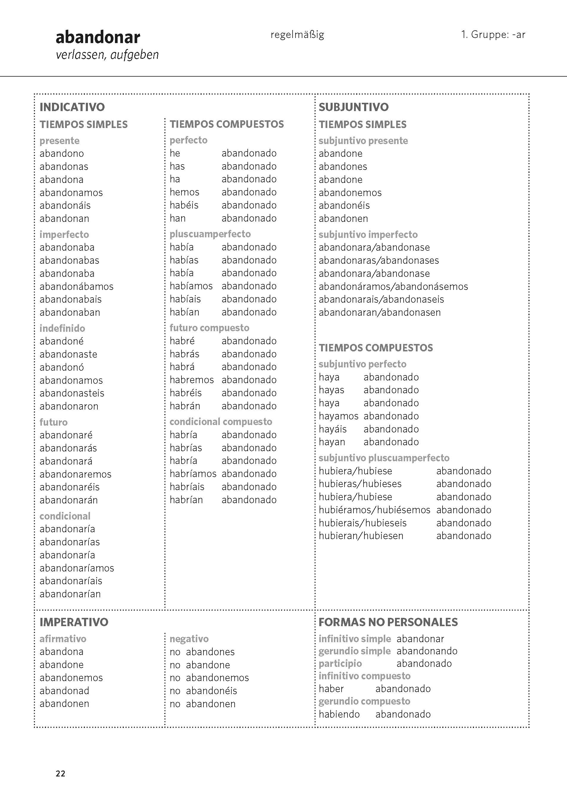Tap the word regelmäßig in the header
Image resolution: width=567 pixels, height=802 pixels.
click(297, 34)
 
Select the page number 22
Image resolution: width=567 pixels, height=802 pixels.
click(60, 774)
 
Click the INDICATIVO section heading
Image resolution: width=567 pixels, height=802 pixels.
click(72, 107)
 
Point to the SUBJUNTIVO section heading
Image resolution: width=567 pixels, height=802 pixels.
click(353, 107)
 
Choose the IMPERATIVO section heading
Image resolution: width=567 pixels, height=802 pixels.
click(74, 622)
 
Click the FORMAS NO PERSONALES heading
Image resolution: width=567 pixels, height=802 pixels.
click(388, 622)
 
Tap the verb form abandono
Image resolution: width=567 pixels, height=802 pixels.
click(61, 153)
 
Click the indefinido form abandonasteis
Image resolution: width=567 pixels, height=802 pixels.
click(72, 393)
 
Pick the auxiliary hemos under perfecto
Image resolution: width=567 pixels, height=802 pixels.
click(184, 192)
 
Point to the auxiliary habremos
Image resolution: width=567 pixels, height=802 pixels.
click(192, 380)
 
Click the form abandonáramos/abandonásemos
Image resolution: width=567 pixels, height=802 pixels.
click(393, 286)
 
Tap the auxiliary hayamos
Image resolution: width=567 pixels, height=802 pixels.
click(338, 416)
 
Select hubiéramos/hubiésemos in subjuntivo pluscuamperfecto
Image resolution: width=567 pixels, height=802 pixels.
click(374, 510)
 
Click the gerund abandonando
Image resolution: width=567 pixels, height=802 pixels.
click(427, 651)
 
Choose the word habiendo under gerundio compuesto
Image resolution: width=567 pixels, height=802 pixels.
click(339, 714)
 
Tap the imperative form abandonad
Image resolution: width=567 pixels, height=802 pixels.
click(64, 691)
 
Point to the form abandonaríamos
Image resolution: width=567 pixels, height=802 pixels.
click(77, 568)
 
